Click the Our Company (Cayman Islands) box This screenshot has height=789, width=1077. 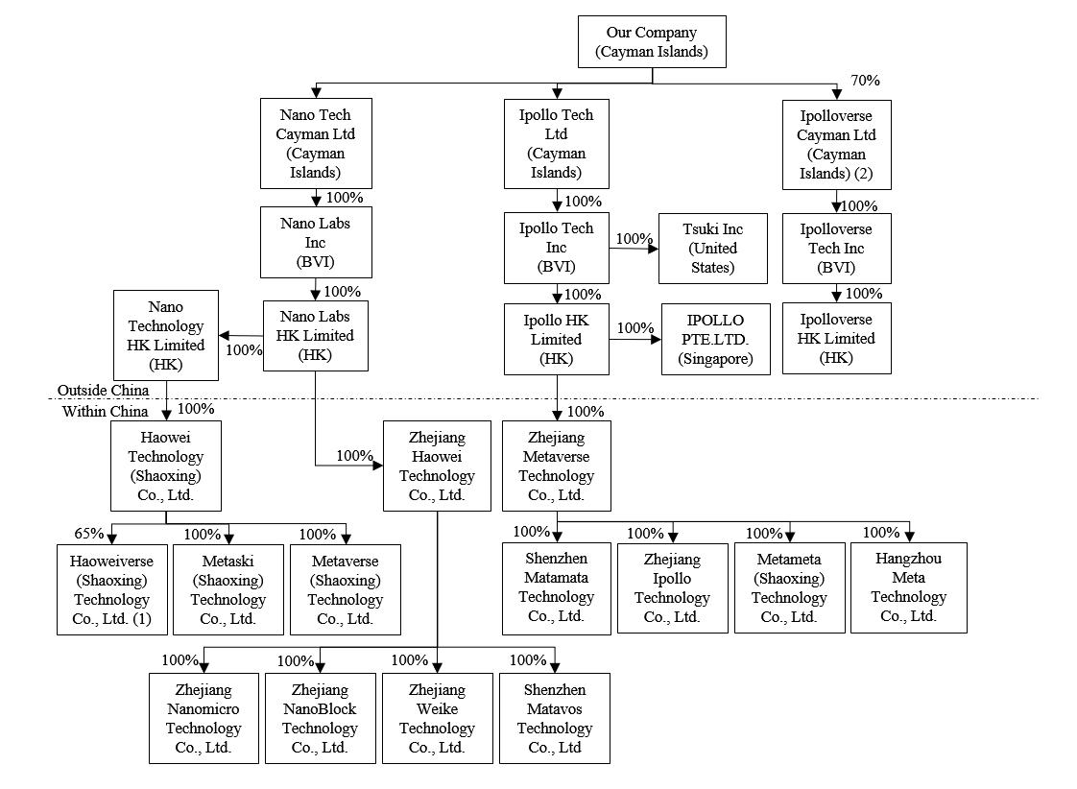pyautogui.click(x=651, y=42)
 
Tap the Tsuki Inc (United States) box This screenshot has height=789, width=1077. pyautogui.click(x=713, y=248)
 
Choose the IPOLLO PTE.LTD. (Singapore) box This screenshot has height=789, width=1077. pyautogui.click(x=715, y=340)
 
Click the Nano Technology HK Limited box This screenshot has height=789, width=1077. pyautogui.click(x=166, y=335)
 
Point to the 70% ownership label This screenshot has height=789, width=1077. pyautogui.click(x=865, y=81)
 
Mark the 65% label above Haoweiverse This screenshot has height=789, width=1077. pyautogui.click(x=88, y=534)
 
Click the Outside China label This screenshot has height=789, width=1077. pyautogui.click(x=103, y=390)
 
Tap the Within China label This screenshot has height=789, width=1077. pyautogui.click(x=106, y=411)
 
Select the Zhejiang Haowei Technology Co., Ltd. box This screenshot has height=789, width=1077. pyautogui.click(x=437, y=466)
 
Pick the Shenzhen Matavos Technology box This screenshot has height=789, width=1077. pyautogui.click(x=554, y=718)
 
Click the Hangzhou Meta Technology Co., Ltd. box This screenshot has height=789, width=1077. pyautogui.click(x=908, y=587)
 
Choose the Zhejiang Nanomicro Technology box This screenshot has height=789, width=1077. pyautogui.click(x=203, y=718)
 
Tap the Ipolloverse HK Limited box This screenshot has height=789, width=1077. pyautogui.click(x=836, y=338)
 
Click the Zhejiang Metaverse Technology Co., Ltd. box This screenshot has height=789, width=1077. pyautogui.click(x=557, y=466)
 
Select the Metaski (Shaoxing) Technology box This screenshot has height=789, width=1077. pyautogui.click(x=227, y=589)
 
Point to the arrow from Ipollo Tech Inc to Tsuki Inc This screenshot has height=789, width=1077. pyautogui.click(x=634, y=249)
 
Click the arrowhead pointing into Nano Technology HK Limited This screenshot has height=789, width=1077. pyautogui.click(x=225, y=335)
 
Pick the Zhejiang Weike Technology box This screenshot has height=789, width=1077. pyautogui.click(x=437, y=718)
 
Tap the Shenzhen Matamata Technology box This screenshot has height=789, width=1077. pyautogui.click(x=557, y=587)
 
